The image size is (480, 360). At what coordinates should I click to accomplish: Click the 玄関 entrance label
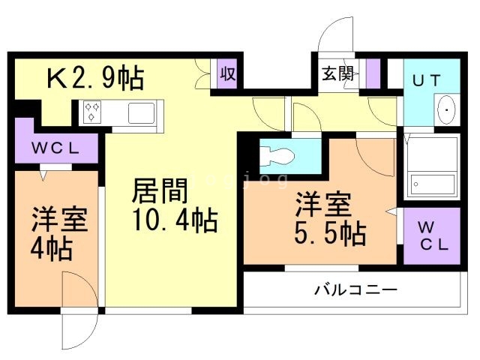coord(335,74)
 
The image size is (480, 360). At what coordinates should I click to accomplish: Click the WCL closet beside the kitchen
coord(55,148)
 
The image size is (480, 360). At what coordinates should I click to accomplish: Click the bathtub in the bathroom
coord(433,183)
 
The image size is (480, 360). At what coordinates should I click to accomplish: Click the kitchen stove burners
coord(94,112)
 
